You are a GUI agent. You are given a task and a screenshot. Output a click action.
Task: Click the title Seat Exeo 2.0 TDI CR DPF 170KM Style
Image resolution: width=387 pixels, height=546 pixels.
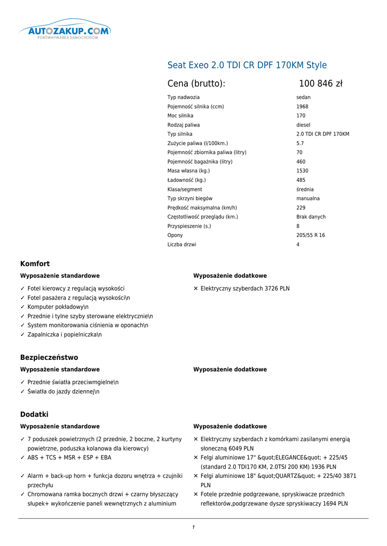[x=247, y=65]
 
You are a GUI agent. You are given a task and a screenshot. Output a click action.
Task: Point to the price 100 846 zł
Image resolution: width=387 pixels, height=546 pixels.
[x=320, y=84]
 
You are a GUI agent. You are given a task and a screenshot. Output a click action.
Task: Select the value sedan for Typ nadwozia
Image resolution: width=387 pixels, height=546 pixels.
[x=303, y=98]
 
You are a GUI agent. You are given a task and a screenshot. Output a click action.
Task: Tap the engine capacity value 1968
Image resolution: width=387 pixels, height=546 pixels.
[x=302, y=107]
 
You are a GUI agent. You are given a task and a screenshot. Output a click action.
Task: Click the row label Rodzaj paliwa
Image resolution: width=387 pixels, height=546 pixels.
[x=184, y=125]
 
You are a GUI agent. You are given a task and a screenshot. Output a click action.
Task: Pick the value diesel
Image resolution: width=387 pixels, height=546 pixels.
[x=303, y=125]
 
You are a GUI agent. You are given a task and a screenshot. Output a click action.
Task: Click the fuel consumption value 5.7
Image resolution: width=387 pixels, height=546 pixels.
[x=300, y=143]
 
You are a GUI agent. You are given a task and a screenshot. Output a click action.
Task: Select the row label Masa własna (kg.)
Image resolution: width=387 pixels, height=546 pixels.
[x=188, y=171]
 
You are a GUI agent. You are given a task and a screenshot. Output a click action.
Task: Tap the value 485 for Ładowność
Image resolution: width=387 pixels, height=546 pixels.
[x=301, y=180]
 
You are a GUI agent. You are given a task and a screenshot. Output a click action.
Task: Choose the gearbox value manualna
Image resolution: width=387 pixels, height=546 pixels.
[x=308, y=198]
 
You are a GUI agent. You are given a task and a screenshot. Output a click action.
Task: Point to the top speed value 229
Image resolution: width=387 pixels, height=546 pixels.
[x=301, y=207]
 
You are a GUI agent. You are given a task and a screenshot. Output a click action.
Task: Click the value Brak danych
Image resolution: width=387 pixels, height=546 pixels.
[x=311, y=217]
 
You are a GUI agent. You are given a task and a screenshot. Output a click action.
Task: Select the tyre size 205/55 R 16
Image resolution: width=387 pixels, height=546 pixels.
[x=310, y=235]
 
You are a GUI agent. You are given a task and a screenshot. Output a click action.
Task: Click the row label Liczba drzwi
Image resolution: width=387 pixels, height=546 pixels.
[x=181, y=244]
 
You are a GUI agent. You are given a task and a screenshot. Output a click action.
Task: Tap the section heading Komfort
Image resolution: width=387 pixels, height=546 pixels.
[x=35, y=263]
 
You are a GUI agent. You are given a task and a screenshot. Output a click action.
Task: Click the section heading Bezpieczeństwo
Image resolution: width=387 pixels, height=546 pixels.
[x=49, y=357]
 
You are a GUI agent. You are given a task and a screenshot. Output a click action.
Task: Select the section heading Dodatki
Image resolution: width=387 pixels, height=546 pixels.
[x=34, y=414]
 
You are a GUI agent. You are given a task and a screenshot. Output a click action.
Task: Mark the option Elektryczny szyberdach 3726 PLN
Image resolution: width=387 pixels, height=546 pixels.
[x=245, y=288]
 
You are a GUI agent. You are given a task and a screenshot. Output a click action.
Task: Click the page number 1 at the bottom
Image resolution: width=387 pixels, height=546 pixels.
[x=193, y=527]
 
